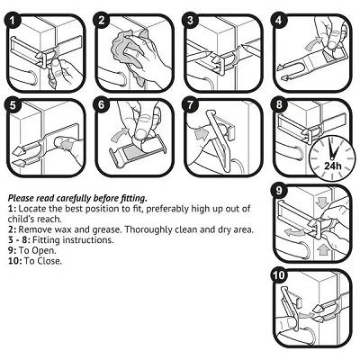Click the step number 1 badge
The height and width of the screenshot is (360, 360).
(x=13, y=21)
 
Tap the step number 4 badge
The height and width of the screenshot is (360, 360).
(x=279, y=20)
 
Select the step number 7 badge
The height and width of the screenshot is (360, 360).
(x=190, y=105)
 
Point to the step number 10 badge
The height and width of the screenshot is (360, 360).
(x=279, y=275)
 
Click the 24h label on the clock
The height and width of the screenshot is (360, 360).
(x=333, y=166)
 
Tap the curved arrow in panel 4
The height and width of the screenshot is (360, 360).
(x=313, y=45)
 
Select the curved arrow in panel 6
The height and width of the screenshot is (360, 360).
(x=120, y=134)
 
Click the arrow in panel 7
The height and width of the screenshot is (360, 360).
(x=201, y=133)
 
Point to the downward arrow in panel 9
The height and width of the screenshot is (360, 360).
(x=322, y=202)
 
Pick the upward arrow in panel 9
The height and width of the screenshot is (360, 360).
(x=323, y=249)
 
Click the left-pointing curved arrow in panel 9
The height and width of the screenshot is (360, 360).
(x=293, y=233)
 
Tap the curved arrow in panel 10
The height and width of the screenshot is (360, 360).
(x=304, y=315)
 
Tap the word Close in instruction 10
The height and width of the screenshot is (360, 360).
(x=49, y=261)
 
